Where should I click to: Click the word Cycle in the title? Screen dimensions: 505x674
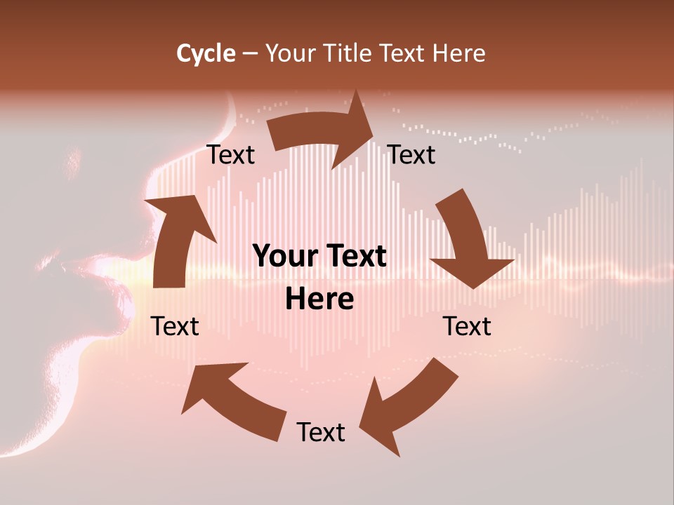pyautogui.click(x=206, y=53)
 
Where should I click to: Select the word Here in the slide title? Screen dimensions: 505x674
pyautogui.click(x=458, y=53)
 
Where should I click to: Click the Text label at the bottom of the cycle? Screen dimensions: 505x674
pyautogui.click(x=321, y=433)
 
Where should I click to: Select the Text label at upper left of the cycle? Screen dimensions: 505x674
pyautogui.click(x=231, y=155)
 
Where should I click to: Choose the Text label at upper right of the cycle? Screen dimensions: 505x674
pyautogui.click(x=411, y=155)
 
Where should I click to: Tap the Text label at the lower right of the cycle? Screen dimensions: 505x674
pyautogui.click(x=467, y=326)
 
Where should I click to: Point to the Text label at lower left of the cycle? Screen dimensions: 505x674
pyautogui.click(x=176, y=326)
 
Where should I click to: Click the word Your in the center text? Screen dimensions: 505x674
pyautogui.click(x=278, y=256)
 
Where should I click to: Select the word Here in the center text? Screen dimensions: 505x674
pyautogui.click(x=319, y=299)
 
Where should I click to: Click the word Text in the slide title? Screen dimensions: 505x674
pyautogui.click(x=403, y=53)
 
